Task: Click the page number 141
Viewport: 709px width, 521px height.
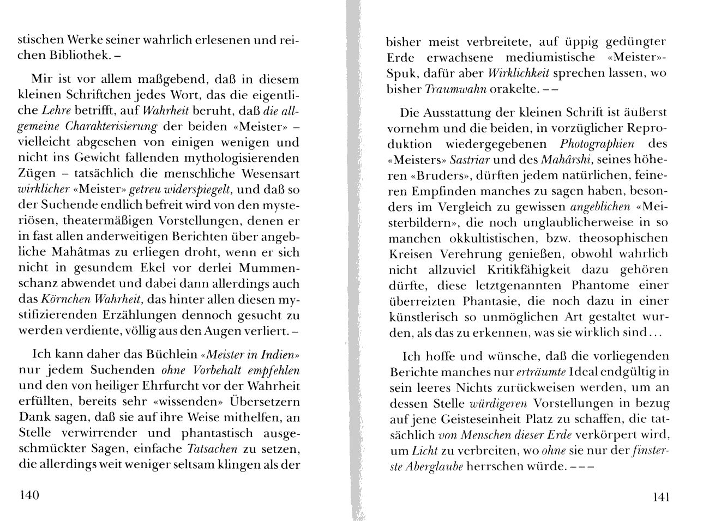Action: pos(660,496)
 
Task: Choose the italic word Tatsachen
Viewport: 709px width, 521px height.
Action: pos(212,449)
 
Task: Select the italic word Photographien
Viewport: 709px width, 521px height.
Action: pos(597,144)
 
